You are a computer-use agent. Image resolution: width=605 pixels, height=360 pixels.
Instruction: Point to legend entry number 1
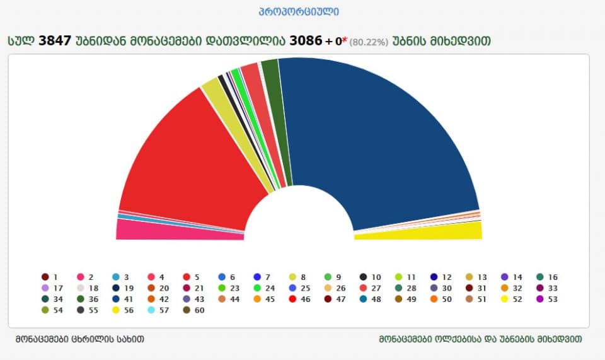tap(50, 277)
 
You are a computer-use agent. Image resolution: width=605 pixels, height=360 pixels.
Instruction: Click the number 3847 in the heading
tap(55, 40)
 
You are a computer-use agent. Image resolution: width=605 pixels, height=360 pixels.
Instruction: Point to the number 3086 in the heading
tap(306, 40)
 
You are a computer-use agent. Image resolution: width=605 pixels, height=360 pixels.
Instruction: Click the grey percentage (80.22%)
tap(368, 42)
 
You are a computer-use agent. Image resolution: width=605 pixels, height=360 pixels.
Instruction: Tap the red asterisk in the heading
tap(345, 40)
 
